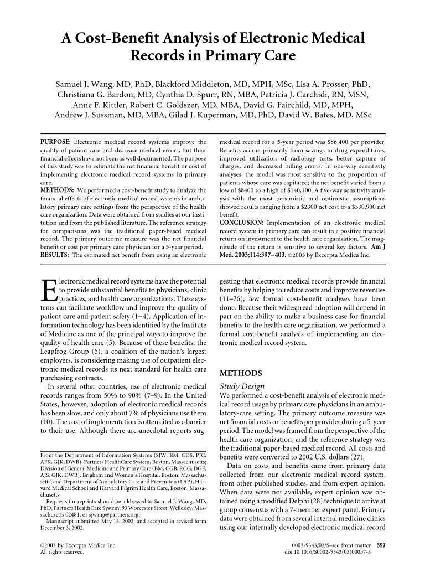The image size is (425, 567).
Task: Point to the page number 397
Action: coord(380,545)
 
